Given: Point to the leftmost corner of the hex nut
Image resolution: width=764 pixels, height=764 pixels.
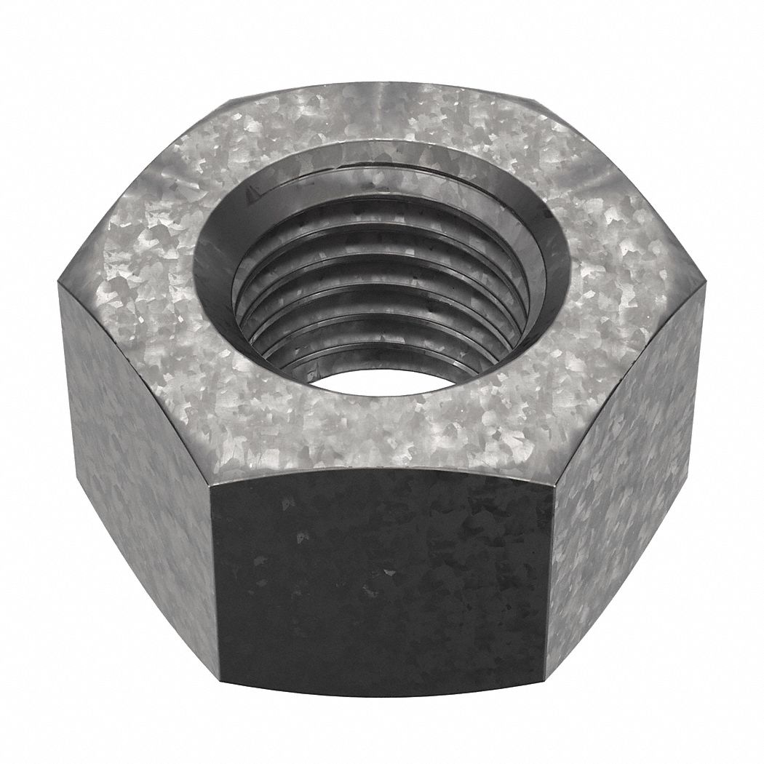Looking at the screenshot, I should (59, 287).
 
